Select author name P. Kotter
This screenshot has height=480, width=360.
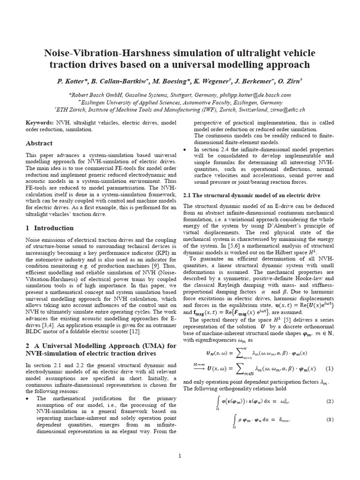[x=71, y=81]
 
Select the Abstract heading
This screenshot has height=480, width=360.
[x=39, y=143]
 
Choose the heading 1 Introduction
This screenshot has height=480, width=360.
[x=49, y=228]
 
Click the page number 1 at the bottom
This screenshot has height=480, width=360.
[x=180, y=456]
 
